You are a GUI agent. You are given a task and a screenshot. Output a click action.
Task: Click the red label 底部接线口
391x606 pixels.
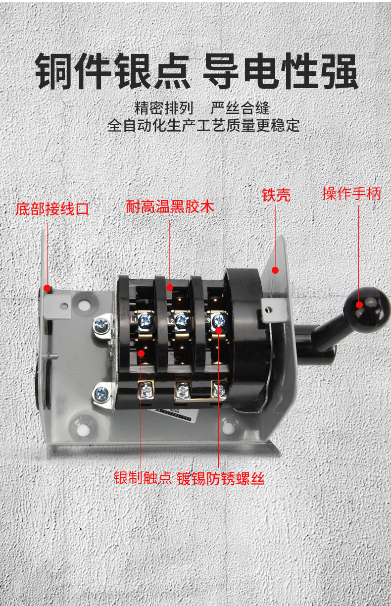(52, 208)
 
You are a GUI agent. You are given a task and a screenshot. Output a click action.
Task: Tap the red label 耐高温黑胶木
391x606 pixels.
(170, 206)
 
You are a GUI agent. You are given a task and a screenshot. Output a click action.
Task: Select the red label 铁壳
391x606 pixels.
(276, 195)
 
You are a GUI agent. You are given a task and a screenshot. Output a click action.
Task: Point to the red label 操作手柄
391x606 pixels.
(352, 194)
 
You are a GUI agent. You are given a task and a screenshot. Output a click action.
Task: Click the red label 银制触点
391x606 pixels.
(143, 478)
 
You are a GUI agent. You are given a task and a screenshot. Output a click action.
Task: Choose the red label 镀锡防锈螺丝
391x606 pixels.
(221, 478)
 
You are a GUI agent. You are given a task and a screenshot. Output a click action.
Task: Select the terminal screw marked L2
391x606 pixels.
(181, 321)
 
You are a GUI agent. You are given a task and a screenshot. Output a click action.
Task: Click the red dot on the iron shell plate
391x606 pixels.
(276, 270)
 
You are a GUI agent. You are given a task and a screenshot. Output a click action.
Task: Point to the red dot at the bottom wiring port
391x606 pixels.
(48, 288)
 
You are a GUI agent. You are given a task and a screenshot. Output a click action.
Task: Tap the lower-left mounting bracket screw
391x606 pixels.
(102, 394)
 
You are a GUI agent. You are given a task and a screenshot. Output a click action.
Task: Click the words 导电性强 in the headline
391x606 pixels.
(280, 73)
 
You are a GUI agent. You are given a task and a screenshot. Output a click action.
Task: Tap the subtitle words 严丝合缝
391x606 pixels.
(240, 107)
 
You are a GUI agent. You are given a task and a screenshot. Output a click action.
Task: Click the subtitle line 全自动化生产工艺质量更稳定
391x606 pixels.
(203, 125)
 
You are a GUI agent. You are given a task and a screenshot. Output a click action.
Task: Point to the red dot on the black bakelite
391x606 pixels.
(170, 288)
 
